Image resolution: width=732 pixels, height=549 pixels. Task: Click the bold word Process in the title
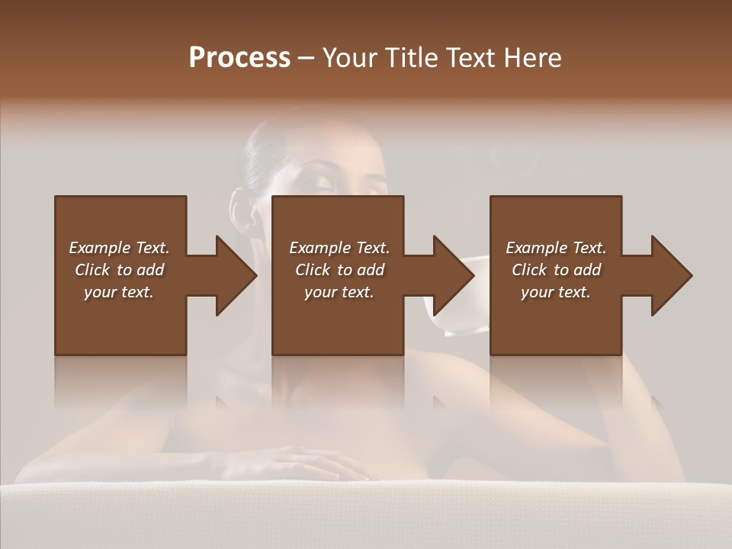(239, 58)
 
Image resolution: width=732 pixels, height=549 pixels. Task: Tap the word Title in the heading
(413, 58)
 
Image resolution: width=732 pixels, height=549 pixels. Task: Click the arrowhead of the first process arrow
(236, 275)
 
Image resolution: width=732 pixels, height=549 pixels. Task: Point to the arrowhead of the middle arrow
(453, 275)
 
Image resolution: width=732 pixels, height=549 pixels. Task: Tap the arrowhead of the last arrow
(671, 275)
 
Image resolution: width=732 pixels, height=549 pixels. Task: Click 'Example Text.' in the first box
(119, 248)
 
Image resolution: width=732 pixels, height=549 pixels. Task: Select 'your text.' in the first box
(119, 292)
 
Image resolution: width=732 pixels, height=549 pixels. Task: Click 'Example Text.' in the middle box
(339, 248)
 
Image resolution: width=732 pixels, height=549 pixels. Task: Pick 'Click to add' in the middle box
(339, 270)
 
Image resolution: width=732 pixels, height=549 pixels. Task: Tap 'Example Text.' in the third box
(556, 248)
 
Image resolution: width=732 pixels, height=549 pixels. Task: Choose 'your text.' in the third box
(556, 292)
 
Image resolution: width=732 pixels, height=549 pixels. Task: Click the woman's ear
(242, 213)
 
